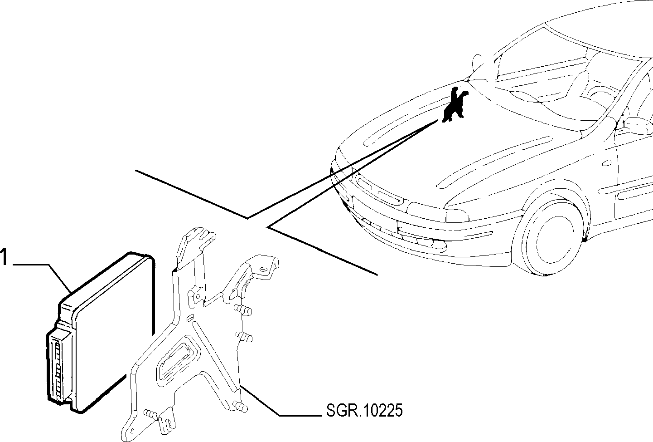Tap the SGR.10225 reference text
[364, 410]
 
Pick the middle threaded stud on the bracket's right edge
[244, 337]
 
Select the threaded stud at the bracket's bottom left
[151, 414]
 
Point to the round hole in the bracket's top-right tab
[263, 270]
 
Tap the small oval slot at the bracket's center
[190, 317]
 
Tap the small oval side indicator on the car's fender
[607, 163]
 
